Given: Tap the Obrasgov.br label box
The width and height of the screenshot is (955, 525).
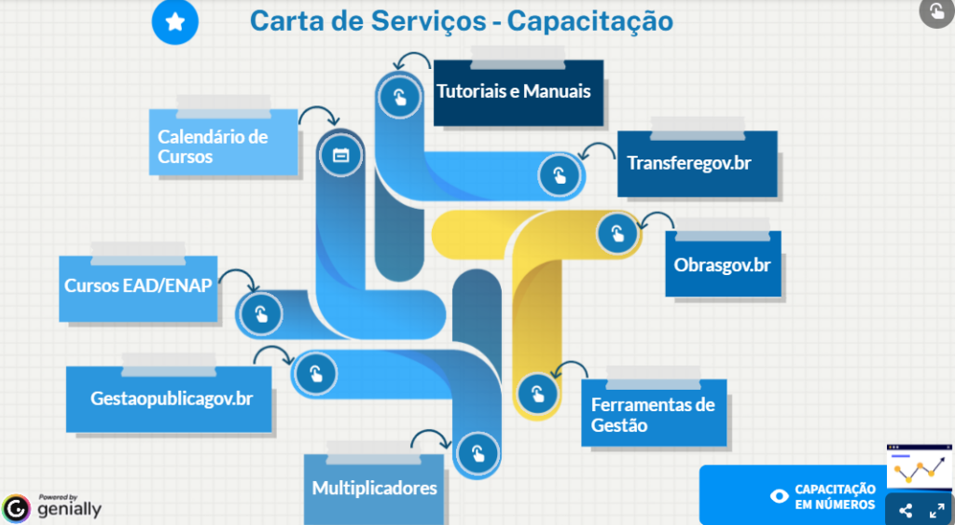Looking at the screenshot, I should [x=723, y=264].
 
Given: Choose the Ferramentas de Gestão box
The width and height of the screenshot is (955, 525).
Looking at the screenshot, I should [x=653, y=415].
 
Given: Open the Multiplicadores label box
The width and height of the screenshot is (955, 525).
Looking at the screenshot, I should [x=374, y=488].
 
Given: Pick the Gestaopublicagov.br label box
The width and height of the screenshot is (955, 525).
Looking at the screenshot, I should [x=171, y=399].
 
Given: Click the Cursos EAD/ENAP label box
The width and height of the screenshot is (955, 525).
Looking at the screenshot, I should [x=138, y=286].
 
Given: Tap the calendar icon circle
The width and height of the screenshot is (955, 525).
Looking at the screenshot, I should [x=340, y=155].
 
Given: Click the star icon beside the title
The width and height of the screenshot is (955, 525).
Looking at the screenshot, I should [x=174, y=22].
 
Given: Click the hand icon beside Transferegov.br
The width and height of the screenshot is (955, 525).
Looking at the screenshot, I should [x=560, y=174].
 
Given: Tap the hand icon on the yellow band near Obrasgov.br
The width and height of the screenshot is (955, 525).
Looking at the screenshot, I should [x=617, y=233].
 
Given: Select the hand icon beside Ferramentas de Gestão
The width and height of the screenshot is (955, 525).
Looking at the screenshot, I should [x=536, y=390].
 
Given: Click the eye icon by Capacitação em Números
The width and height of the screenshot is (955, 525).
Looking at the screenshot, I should [x=780, y=496].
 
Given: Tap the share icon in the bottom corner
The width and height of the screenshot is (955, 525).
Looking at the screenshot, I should [x=906, y=511].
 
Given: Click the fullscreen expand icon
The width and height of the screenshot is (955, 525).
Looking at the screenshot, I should [x=936, y=511].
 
